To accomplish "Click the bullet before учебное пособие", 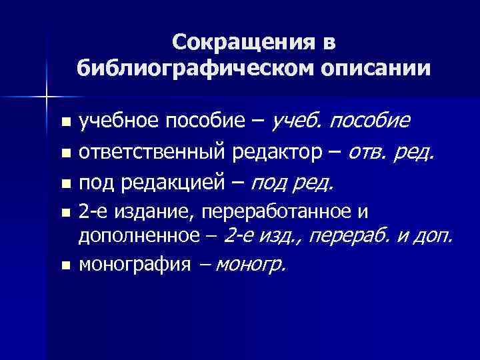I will pyautogui.click(x=65, y=123).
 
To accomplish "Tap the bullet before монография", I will pyautogui.click(x=65, y=265).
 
